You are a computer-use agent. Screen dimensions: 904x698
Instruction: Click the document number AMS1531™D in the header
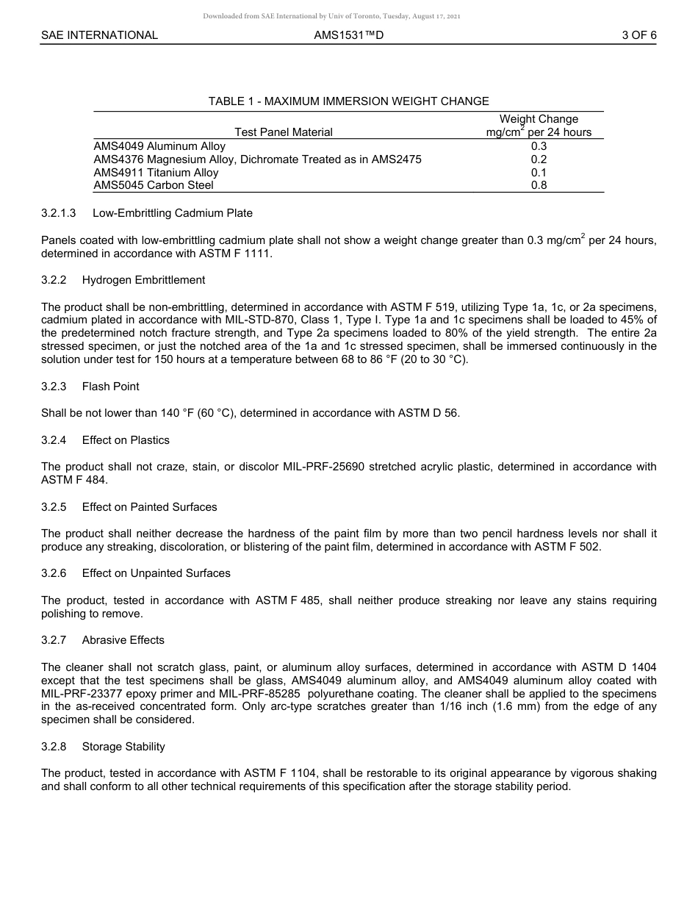348,35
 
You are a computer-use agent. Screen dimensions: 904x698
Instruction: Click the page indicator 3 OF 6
638,35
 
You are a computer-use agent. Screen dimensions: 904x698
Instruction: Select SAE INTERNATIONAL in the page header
99,35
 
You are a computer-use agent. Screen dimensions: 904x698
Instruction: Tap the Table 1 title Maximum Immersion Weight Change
348,101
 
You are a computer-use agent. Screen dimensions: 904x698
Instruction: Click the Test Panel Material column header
284,132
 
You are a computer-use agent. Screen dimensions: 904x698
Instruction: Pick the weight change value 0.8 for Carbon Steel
539,185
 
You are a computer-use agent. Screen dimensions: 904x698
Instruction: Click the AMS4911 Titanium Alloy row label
156,173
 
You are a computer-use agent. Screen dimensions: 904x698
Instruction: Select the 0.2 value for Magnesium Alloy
539,159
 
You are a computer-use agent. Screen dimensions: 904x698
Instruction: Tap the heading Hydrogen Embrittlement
143,280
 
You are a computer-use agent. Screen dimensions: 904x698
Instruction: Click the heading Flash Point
110,387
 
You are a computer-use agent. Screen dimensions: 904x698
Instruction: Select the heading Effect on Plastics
126,440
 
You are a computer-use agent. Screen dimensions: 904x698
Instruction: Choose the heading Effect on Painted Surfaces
149,507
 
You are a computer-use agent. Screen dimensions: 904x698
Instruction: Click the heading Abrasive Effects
123,640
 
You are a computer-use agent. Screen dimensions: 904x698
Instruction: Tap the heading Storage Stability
123,747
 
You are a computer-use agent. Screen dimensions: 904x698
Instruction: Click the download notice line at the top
331,16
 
